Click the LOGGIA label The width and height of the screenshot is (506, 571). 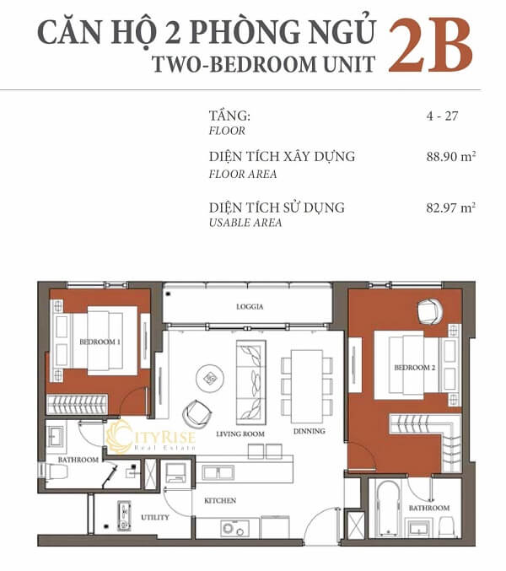250,307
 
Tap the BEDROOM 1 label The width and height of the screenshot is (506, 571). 100,342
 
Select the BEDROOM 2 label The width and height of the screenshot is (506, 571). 414,368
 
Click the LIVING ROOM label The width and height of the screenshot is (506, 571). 240,433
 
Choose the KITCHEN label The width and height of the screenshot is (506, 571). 219,500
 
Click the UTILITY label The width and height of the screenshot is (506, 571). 155,516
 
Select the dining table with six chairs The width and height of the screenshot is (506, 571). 307,385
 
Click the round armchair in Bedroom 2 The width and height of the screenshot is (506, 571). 428,310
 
